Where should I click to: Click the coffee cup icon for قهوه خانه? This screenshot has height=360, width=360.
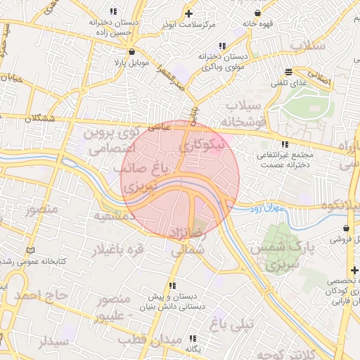point(257,13)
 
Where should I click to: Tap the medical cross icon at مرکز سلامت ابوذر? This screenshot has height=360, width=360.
point(188,13)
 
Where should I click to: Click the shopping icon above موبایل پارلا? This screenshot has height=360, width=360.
point(131,51)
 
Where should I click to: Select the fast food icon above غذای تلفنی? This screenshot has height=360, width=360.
point(288,72)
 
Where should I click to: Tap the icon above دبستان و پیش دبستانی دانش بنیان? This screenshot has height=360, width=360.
point(172,285)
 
